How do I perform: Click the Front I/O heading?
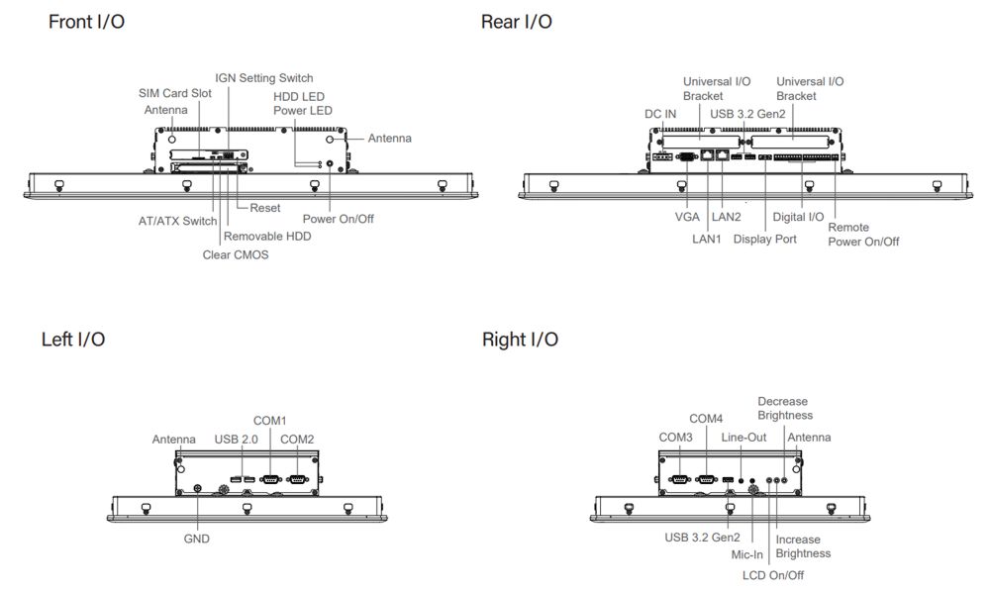[x=86, y=22]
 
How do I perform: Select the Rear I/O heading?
[x=516, y=22]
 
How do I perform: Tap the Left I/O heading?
[x=73, y=340]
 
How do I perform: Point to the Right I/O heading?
[x=520, y=340]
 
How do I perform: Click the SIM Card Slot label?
[x=174, y=93]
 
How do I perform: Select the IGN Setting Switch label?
[x=263, y=78]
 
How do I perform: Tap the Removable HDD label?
[x=267, y=237]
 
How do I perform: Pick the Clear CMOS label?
[x=235, y=254]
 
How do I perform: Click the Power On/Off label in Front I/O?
[x=338, y=219]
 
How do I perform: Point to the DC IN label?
[x=660, y=114]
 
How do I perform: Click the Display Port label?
[x=764, y=239]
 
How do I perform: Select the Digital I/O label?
[x=797, y=216]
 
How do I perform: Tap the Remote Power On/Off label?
[x=863, y=234]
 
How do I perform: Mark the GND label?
[x=196, y=539]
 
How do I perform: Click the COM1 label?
[x=269, y=421]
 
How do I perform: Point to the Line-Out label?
[x=743, y=437]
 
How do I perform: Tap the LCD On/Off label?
[x=773, y=575]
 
